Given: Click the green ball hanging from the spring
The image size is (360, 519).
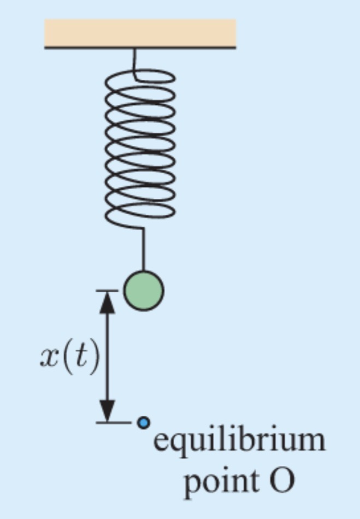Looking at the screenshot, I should (143, 290).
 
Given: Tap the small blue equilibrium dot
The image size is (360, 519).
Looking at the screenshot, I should (143, 422).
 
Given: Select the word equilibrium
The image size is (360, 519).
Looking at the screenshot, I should (239, 441).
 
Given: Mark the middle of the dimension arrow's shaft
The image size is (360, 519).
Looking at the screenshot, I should (108, 356).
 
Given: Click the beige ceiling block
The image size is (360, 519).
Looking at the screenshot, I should (140, 32).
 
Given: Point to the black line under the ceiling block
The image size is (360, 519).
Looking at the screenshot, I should (140, 48).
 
